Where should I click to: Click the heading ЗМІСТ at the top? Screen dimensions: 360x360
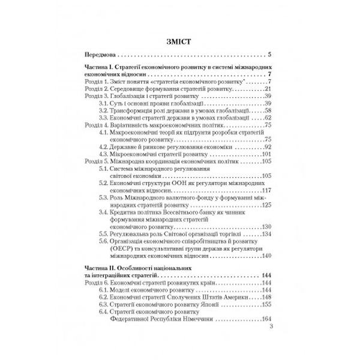[x=179, y=41]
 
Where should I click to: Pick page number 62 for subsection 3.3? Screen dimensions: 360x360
[x=269, y=118]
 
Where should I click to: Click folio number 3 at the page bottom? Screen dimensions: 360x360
[x=271, y=327]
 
